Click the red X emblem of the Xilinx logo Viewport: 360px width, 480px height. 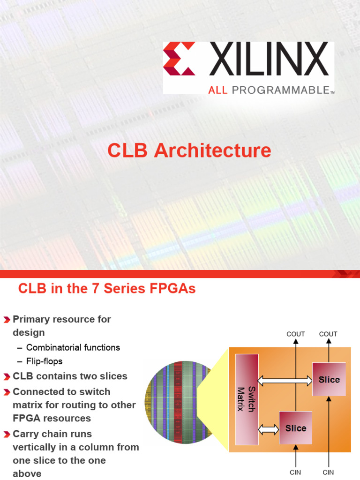pos(179,59)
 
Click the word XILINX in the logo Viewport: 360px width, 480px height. pos(269,59)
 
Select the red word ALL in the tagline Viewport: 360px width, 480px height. pos(218,90)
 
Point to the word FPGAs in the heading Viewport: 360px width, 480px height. pos(174,289)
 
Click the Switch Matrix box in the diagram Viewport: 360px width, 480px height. pos(247,399)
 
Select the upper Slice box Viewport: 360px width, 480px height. pos(329,379)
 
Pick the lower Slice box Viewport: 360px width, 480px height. pos(295,427)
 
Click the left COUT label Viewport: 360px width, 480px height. pos(295,334)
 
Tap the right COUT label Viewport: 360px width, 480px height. pos(328,334)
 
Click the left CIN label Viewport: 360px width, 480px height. pos(295,472)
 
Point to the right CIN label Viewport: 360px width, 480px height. pos(328,472)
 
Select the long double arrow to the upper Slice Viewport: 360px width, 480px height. pos(285,381)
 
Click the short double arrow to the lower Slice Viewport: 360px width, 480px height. pos(269,428)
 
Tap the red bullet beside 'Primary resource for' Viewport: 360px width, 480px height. pos(7,320)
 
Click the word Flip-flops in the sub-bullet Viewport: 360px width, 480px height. pos(44,361)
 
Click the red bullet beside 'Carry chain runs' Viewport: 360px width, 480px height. pos(7,435)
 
